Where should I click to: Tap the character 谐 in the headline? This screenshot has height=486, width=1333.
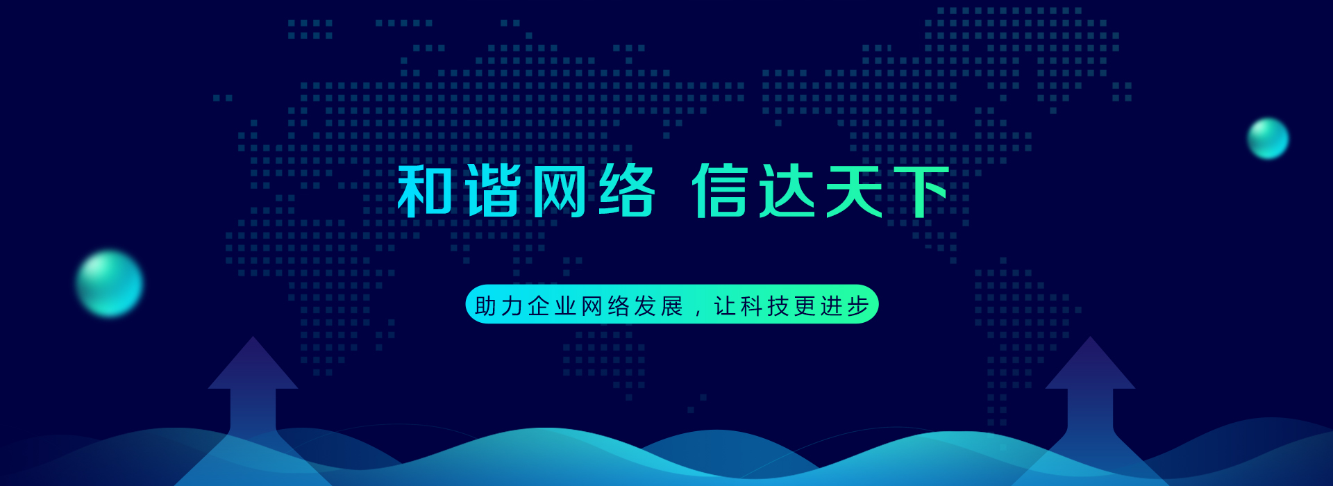[x=493, y=191]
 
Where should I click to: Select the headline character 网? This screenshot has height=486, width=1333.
[x=560, y=191]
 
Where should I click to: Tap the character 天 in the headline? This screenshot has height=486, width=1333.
[x=855, y=191]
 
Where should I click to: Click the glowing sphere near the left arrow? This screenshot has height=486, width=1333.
[x=109, y=283]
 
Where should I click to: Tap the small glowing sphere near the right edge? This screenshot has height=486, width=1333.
[x=1268, y=138]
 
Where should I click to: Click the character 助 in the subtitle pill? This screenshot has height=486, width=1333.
[x=486, y=305]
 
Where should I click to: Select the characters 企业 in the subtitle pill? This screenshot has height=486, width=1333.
[x=553, y=305]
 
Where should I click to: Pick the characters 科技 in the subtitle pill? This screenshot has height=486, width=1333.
[x=765, y=305]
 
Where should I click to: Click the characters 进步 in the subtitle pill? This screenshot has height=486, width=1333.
[x=845, y=305]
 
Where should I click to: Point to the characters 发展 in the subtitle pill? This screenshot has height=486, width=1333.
[x=659, y=305]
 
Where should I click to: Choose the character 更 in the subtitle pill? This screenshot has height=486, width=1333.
[x=805, y=305]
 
